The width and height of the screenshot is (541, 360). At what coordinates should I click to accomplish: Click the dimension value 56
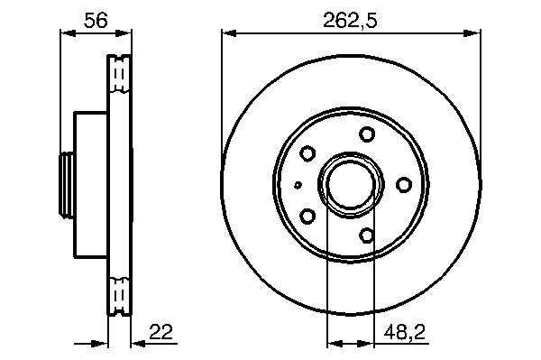(96, 20)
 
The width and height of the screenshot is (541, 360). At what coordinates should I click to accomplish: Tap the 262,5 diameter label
(350, 21)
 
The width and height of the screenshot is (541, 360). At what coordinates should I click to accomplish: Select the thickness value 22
(160, 332)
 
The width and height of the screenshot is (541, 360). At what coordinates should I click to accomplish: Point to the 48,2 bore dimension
(404, 332)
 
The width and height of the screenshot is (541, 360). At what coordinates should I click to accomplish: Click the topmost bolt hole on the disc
(367, 134)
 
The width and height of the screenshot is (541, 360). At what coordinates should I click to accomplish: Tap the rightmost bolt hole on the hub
(403, 185)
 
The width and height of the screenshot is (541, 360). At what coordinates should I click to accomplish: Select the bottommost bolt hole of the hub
(367, 235)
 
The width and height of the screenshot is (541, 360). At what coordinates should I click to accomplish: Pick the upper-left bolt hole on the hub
(307, 153)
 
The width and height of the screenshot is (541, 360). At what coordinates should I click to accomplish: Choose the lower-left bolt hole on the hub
(307, 216)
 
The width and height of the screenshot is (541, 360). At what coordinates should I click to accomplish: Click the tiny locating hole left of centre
(298, 185)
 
